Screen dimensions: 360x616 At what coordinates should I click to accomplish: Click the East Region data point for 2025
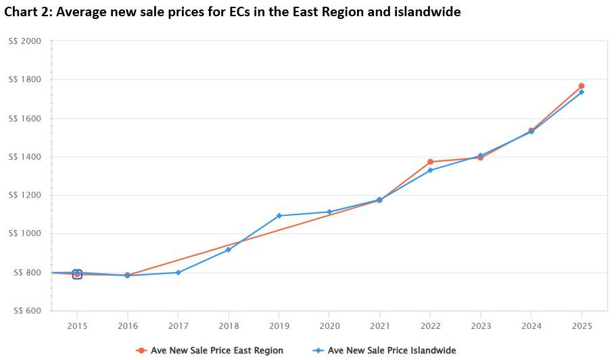click(582, 86)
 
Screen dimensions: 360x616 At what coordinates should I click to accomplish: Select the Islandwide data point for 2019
click(279, 216)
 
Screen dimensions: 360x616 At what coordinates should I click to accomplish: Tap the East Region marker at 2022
click(430, 162)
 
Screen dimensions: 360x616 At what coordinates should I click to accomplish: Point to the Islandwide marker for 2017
click(178, 272)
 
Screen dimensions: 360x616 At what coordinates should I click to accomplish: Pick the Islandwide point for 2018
click(229, 250)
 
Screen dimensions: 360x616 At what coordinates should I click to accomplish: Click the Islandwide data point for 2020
click(329, 212)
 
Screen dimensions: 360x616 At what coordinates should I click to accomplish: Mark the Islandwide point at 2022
click(430, 170)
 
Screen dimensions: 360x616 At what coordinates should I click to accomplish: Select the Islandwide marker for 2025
click(582, 92)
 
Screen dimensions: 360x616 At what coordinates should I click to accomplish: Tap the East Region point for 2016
click(127, 275)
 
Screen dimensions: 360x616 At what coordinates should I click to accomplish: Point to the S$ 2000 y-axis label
click(25, 41)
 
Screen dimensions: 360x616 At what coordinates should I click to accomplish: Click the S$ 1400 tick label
click(25, 157)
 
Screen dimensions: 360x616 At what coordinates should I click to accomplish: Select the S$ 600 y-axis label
click(25, 311)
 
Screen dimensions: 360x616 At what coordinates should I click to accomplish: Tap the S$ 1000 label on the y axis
click(25, 234)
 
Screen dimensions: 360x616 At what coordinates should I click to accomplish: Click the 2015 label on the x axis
click(77, 325)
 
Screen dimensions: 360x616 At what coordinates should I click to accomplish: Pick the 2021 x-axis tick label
click(379, 325)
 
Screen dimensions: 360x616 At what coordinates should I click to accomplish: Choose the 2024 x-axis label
click(531, 325)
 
